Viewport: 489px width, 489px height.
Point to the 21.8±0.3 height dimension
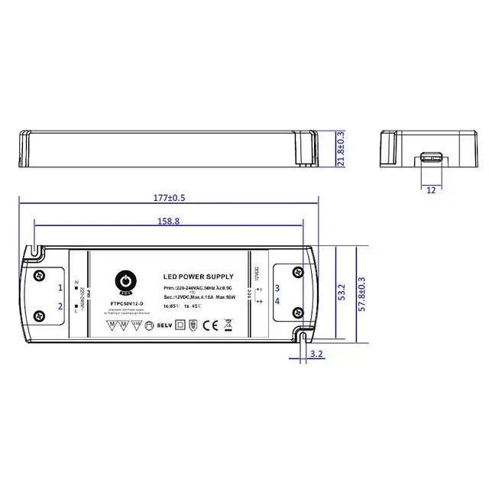[341, 147]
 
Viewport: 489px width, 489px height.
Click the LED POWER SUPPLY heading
[199, 277]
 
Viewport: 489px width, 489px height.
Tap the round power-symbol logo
[122, 283]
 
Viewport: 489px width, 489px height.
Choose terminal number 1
[60, 287]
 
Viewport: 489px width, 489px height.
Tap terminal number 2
[60, 306]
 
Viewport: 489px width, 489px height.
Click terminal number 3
[277, 287]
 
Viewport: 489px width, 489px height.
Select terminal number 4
[277, 302]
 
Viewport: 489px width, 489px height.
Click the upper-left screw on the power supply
[39, 273]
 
